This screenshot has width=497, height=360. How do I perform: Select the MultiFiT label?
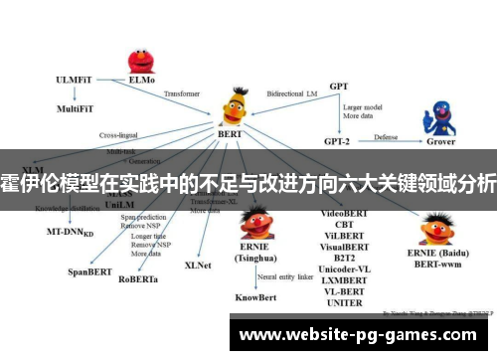(x=76, y=108)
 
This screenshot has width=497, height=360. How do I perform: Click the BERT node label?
(x=231, y=132)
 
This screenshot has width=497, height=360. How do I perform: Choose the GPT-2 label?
(x=338, y=140)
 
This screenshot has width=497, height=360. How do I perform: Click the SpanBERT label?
(x=87, y=270)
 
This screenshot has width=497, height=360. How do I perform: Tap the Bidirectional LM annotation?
(x=292, y=90)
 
